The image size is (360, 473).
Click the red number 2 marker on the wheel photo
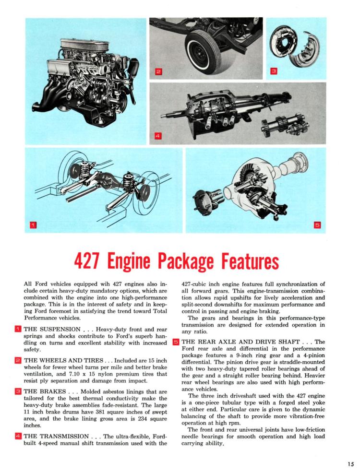tap(158, 72)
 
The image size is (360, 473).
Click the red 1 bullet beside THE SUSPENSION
tap(18, 329)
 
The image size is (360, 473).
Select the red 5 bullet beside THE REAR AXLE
tap(176, 342)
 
